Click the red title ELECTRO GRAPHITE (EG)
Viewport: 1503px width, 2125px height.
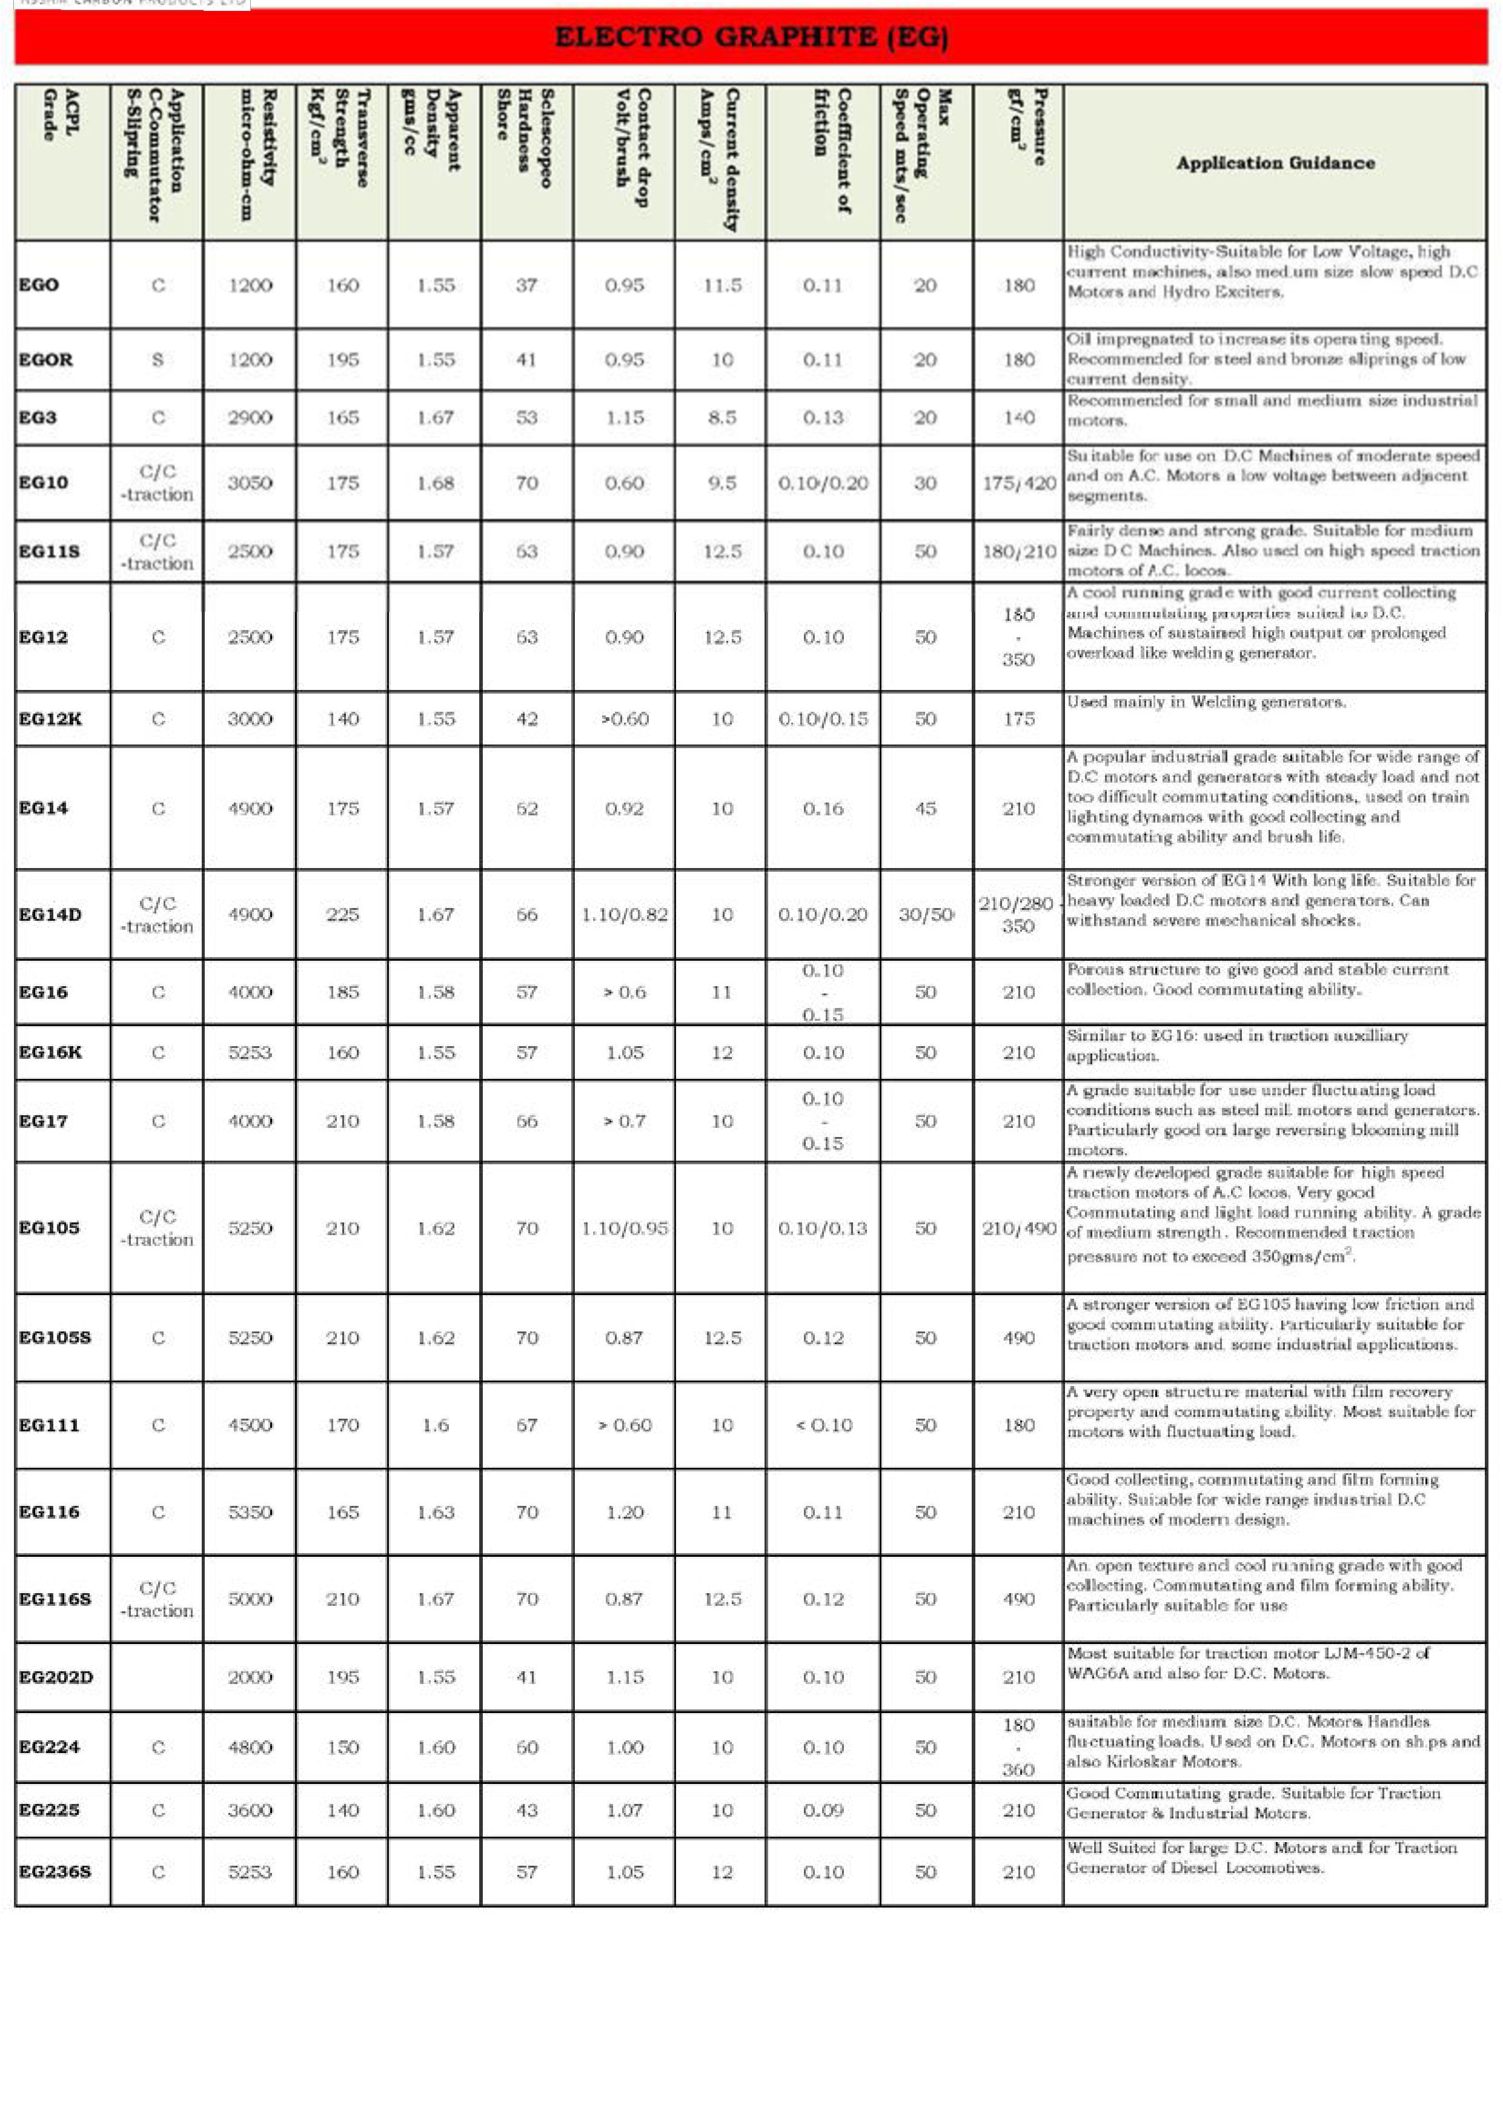coord(751,37)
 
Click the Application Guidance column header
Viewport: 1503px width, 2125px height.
coord(1275,163)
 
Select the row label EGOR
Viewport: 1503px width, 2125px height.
coord(45,359)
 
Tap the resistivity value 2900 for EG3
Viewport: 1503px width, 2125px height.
coord(250,417)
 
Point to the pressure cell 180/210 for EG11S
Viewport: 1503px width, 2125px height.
coord(1018,552)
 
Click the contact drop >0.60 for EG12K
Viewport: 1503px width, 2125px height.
coord(625,719)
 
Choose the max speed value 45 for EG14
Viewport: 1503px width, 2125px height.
coord(926,809)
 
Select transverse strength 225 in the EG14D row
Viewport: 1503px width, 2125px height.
coord(342,915)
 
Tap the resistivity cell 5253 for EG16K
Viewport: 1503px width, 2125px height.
coord(250,1052)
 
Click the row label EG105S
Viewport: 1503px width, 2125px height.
coord(55,1338)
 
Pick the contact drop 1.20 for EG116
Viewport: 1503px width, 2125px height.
coord(625,1513)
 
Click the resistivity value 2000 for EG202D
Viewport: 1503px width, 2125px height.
coord(250,1677)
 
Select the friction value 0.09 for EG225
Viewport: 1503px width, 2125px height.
coord(823,1811)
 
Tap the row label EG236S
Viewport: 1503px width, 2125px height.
coord(55,1871)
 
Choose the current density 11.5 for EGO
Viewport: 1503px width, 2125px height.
coord(722,285)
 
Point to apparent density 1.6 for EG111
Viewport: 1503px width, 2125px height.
coord(435,1425)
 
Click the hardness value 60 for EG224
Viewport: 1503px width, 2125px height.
coord(526,1748)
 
